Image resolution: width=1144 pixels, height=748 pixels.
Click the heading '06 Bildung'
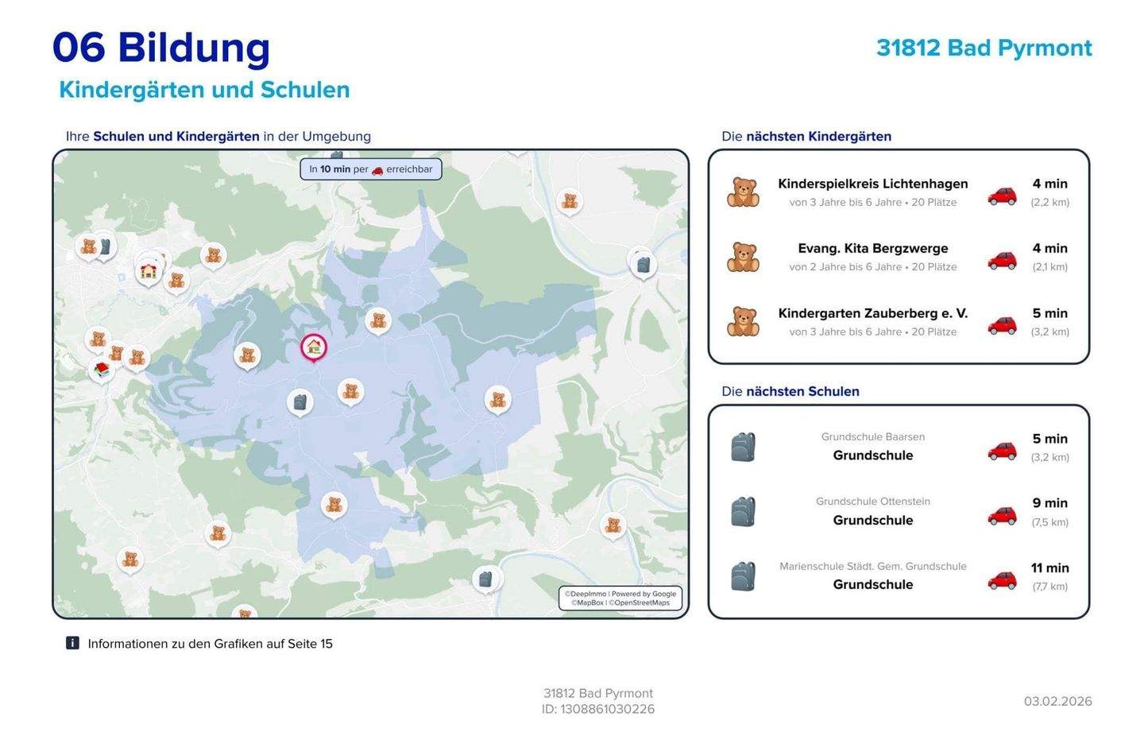click(161, 48)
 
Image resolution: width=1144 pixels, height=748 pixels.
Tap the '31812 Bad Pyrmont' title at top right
click(984, 48)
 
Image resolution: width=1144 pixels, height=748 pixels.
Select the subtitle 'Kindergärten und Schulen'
click(204, 90)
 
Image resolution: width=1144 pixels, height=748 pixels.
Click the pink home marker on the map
click(314, 347)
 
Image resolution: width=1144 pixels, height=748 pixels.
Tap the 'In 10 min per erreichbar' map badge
click(371, 169)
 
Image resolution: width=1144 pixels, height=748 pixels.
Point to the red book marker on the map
click(102, 369)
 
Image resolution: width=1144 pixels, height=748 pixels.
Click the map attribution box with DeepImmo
click(620, 598)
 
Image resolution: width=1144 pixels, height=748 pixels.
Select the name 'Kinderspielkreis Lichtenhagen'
click(872, 184)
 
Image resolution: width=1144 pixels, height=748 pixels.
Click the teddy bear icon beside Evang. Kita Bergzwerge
click(743, 257)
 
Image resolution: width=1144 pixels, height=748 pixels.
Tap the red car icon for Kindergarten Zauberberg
click(1002, 324)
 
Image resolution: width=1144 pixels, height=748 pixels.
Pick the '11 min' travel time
click(1049, 568)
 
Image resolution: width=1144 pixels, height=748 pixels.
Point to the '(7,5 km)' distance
click(1049, 522)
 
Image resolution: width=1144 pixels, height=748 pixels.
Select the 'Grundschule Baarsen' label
click(872, 436)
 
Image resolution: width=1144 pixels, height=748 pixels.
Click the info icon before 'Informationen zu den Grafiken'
click(72, 643)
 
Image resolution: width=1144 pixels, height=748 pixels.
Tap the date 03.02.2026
click(1057, 701)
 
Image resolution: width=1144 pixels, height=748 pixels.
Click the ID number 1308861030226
click(608, 709)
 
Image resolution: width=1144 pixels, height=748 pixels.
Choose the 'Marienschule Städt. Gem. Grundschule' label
click(872, 566)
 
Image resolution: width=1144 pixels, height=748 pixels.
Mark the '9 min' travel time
click(1049, 503)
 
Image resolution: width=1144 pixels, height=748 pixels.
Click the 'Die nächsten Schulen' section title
click(790, 391)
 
